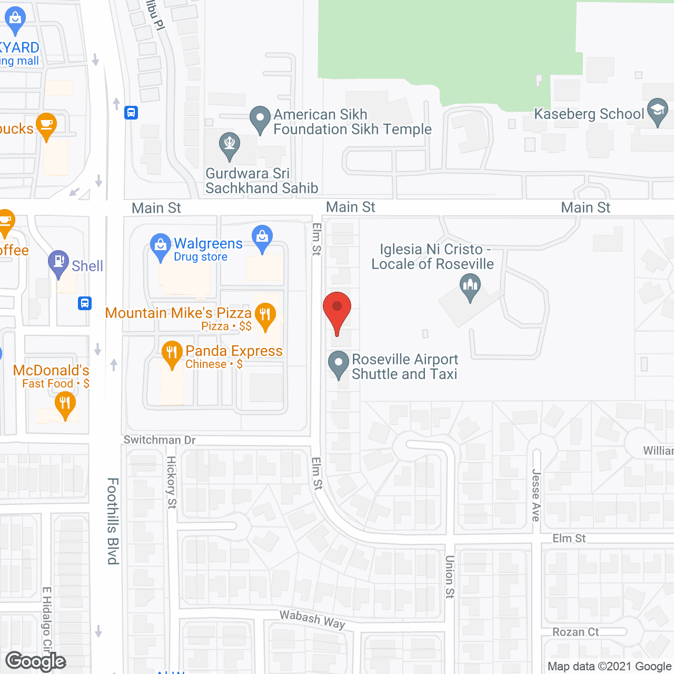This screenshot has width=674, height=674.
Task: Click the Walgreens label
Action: click(208, 244)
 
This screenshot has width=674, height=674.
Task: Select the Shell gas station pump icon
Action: click(58, 262)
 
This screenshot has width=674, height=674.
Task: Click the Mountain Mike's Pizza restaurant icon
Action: click(265, 315)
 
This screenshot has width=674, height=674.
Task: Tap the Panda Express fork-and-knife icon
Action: click(172, 354)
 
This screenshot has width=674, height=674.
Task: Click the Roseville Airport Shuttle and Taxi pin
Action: click(338, 363)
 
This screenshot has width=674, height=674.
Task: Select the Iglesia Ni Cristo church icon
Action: click(470, 287)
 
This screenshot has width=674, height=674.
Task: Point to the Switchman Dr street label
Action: click(159, 440)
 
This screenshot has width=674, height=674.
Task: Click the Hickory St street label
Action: click(172, 482)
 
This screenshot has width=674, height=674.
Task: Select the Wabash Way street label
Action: click(312, 619)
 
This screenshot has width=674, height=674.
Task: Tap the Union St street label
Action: click(449, 577)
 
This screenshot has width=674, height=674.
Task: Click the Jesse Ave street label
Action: click(536, 495)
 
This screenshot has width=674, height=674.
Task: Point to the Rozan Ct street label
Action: click(575, 632)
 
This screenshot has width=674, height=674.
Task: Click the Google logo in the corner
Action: click(35, 661)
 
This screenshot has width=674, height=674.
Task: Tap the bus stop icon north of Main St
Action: click(131, 112)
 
